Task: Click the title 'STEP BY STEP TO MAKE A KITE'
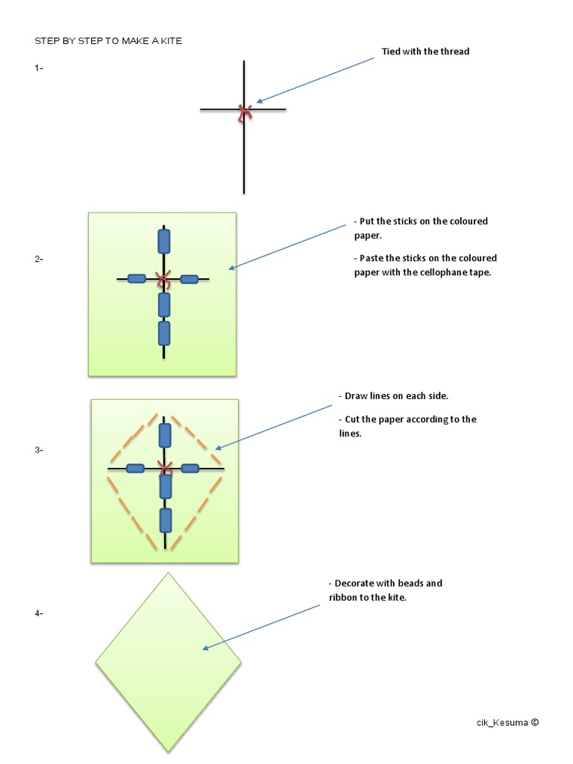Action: tap(108, 41)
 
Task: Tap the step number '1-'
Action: tap(39, 68)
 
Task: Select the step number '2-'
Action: tap(39, 259)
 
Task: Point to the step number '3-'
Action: tap(39, 450)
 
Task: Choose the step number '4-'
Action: tap(39, 613)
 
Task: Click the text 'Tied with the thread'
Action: tap(425, 51)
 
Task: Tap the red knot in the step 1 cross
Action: tap(244, 112)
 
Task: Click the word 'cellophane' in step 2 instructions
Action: tap(443, 272)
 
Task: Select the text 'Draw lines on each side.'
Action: tap(396, 395)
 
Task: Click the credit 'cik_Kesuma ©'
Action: tap(507, 722)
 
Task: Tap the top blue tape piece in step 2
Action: tap(164, 241)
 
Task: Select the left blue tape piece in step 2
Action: tap(137, 279)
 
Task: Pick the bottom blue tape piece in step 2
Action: tap(164, 333)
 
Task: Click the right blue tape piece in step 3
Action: tap(190, 469)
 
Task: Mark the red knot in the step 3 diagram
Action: tap(165, 468)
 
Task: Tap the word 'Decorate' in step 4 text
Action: tap(355, 583)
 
